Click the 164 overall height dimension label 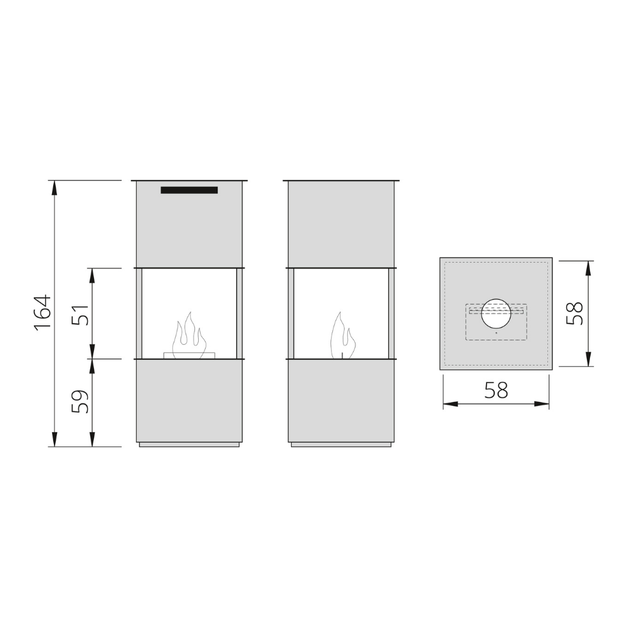(x=43, y=312)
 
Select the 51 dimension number (x=80, y=315)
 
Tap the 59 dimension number (x=80, y=401)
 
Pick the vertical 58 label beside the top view (x=575, y=313)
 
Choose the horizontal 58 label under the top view (x=496, y=390)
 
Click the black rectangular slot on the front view (x=189, y=190)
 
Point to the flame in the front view (x=189, y=335)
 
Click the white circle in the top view (x=496, y=313)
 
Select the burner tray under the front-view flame (x=189, y=356)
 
